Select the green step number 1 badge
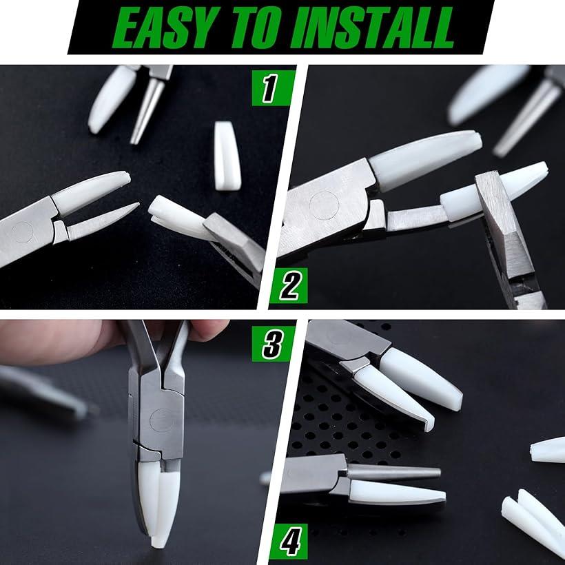click(272, 88)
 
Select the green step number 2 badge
click(289, 286)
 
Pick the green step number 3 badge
click(273, 344)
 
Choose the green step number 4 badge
click(289, 541)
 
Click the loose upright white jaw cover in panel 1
click(227, 156)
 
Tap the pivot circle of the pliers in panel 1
click(23, 232)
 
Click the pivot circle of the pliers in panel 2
click(325, 205)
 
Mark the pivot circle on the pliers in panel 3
click(162, 420)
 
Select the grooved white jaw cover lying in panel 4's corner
click(530, 519)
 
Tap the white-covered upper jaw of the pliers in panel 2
click(425, 161)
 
